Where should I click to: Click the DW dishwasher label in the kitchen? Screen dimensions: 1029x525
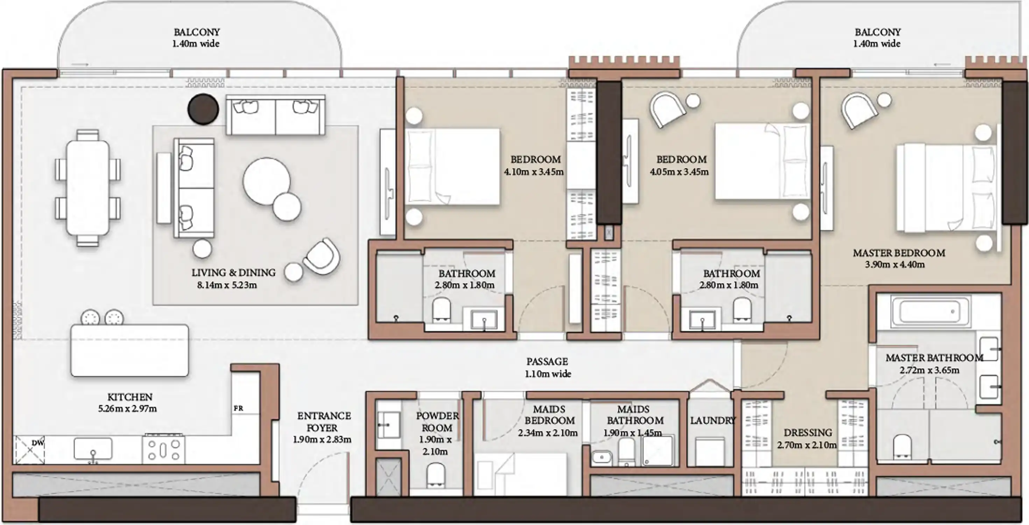click(38, 443)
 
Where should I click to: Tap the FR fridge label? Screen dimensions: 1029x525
click(239, 408)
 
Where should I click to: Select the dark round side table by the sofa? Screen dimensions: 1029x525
click(203, 109)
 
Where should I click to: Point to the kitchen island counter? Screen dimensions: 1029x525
click(130, 350)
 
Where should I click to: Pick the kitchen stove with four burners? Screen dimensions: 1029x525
click(164, 449)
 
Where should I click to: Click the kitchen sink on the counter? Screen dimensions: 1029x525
click(93, 449)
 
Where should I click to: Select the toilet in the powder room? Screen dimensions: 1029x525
click(435, 475)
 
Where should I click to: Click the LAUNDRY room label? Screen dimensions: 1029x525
click(713, 420)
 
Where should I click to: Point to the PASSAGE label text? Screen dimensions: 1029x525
click(547, 362)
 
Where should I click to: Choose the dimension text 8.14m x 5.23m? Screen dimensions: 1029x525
click(227, 285)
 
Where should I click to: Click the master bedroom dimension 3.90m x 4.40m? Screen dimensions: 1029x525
click(895, 265)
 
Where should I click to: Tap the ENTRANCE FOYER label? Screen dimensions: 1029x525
click(324, 421)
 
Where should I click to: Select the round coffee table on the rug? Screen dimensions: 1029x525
click(267, 181)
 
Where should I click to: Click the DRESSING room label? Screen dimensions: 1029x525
click(808, 433)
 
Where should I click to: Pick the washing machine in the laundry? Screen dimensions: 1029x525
click(710, 451)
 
